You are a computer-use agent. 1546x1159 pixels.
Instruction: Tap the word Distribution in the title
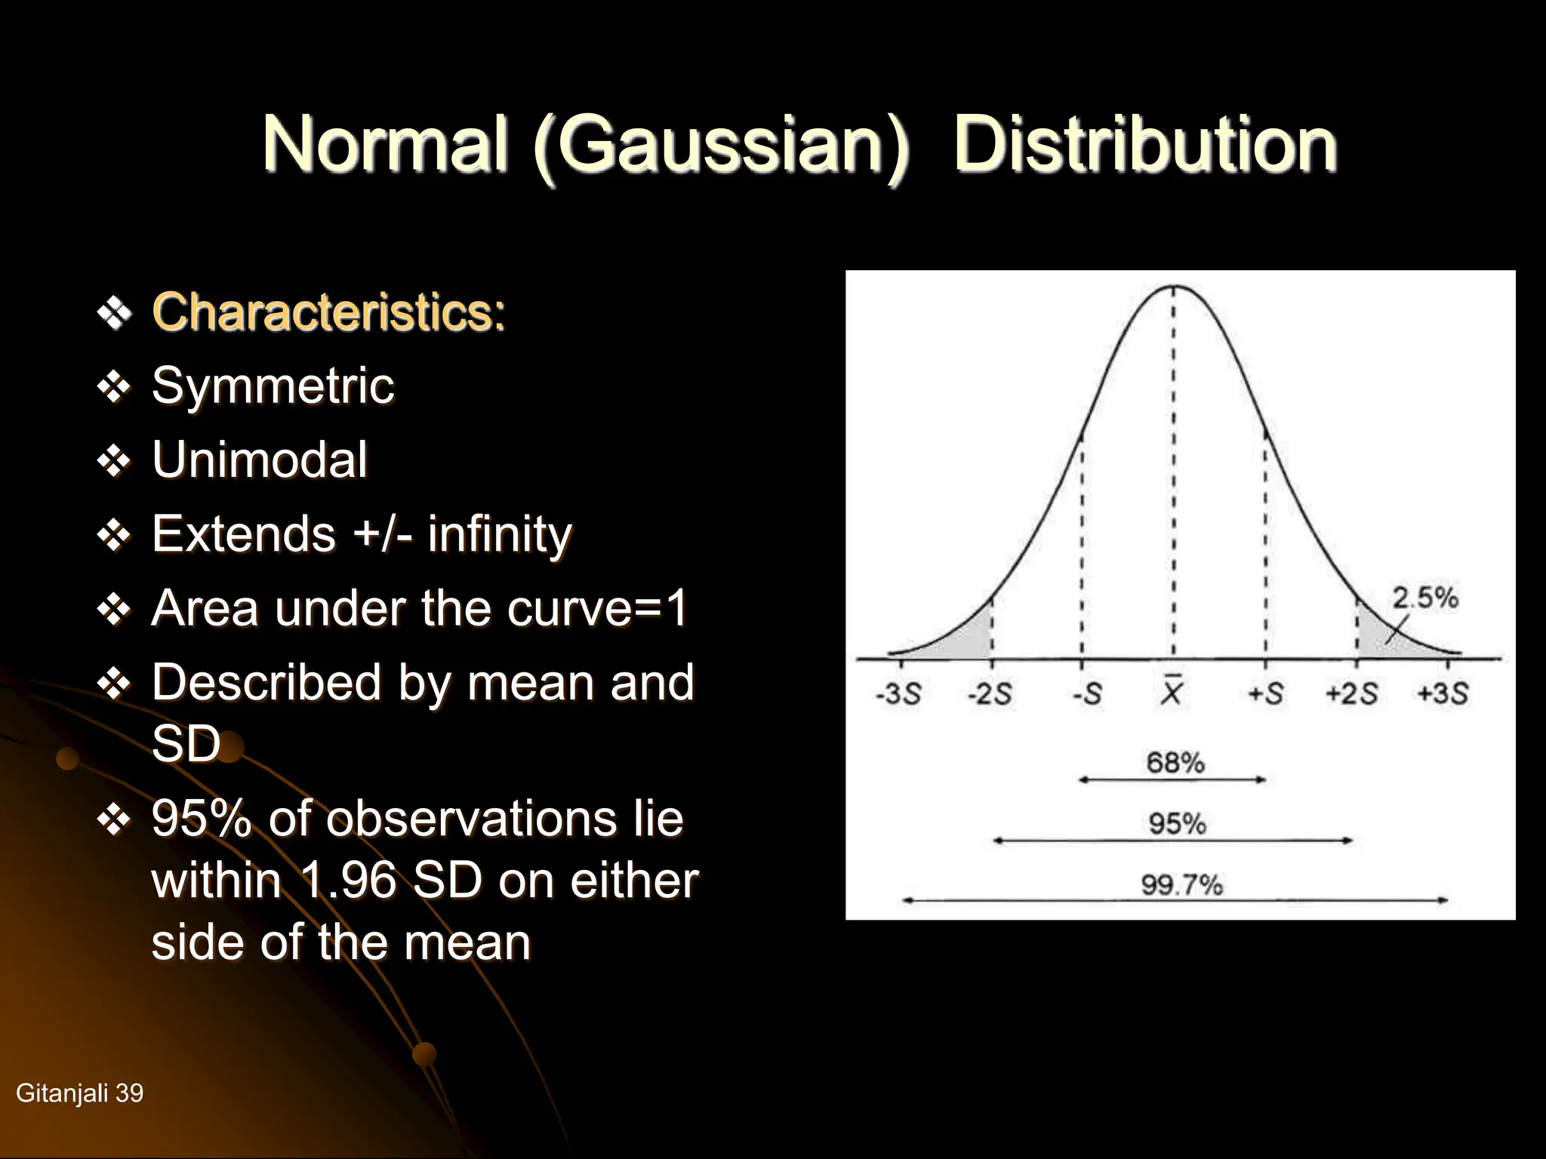pos(1145,145)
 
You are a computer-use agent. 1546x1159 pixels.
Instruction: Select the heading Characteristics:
pos(328,312)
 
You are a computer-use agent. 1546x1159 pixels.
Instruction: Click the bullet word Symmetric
pos(273,386)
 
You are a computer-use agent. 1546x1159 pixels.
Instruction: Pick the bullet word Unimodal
pos(260,460)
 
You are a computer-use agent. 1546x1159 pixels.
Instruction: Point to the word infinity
pos(500,534)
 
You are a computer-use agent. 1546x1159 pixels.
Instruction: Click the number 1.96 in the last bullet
pos(348,881)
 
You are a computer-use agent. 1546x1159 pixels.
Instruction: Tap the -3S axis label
pos(898,693)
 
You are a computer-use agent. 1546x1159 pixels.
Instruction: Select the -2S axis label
pos(990,693)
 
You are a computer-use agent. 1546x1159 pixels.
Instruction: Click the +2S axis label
pos(1351,693)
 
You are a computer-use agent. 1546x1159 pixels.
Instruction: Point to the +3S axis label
pos(1443,693)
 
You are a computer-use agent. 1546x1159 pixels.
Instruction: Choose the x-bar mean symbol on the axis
pos(1172,690)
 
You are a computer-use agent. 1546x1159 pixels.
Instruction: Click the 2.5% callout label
pos(1425,598)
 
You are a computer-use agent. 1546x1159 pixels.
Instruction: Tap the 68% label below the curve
pos(1175,762)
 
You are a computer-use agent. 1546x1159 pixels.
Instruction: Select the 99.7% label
pos(1181,884)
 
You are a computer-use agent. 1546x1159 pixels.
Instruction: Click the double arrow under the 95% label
pos(1172,840)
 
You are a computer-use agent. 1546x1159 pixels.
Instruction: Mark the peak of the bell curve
pos(1173,287)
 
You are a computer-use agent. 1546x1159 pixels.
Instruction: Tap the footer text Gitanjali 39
pos(79,1093)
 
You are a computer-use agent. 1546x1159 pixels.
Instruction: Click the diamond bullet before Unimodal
pos(114,460)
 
